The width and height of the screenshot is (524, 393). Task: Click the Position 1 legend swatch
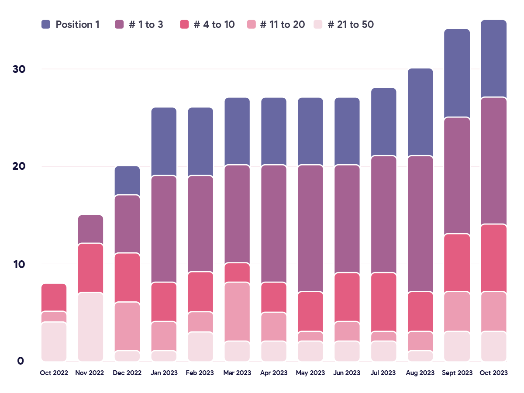coord(46,24)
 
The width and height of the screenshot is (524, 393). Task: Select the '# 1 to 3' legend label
coord(146,24)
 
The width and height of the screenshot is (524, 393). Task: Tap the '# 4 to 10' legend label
coord(214,24)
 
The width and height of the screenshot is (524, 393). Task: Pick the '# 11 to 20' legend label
coord(282,24)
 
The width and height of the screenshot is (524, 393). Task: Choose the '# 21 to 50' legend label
coord(350,24)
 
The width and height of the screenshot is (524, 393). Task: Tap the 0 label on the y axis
coord(20,361)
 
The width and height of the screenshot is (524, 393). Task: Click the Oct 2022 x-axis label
coord(54,373)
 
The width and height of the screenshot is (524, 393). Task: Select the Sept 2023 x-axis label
coord(457,373)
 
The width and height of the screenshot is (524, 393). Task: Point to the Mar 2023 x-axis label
coord(237,373)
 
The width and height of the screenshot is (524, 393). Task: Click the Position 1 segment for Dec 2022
coord(127,180)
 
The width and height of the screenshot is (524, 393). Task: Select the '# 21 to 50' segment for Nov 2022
coord(90,327)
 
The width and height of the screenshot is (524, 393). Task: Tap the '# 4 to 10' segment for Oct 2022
coord(54,297)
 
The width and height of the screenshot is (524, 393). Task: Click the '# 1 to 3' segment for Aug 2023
coord(421,224)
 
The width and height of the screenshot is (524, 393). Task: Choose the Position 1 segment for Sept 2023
coord(457,73)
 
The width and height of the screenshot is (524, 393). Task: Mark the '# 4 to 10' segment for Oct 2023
coord(494,258)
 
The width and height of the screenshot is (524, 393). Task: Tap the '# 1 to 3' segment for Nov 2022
coord(90,229)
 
